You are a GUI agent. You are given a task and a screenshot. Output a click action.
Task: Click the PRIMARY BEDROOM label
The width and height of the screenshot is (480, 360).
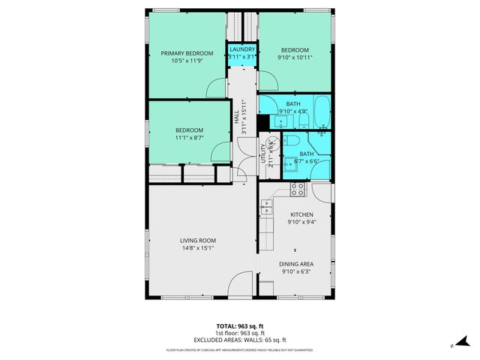187,53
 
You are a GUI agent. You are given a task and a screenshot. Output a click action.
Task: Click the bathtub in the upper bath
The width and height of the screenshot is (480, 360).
320,111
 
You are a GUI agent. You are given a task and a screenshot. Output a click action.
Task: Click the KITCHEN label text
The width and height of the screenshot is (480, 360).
301,214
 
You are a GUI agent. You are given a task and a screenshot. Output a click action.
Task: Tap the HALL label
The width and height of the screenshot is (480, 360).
236,118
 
